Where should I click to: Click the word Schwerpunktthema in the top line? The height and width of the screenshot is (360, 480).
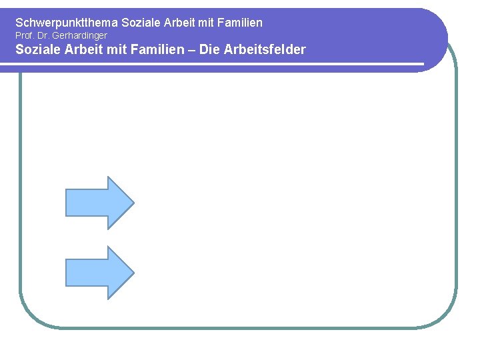pyautogui.click(x=67, y=23)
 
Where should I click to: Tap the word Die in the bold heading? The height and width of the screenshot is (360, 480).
pyautogui.click(x=209, y=49)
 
